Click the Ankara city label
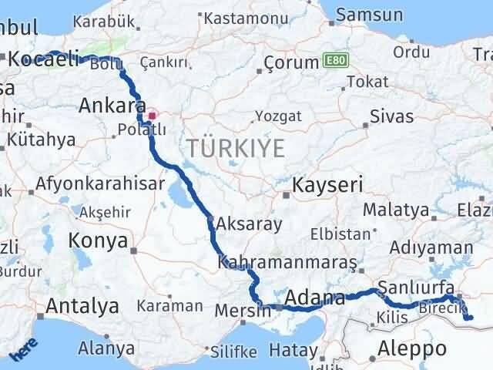tap(112, 105)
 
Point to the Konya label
tap(98, 240)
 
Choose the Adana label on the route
tap(316, 298)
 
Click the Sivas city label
tap(391, 116)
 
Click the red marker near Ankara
tap(152, 116)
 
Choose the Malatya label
tap(395, 209)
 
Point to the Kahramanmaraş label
tap(287, 263)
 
